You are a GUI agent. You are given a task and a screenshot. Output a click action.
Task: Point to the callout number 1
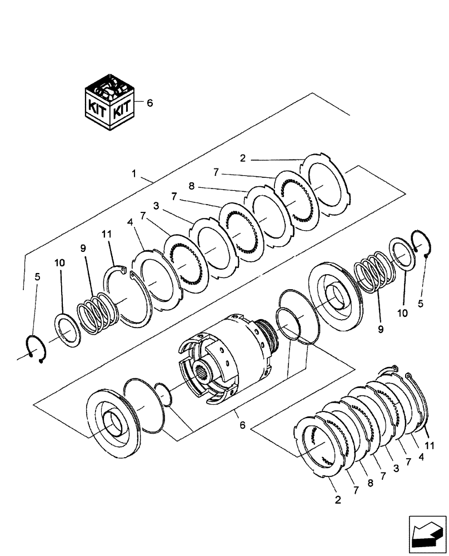(x=133, y=174)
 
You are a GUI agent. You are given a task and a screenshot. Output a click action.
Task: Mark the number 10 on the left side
(x=59, y=261)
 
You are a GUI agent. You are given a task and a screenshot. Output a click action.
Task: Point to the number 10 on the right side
(x=402, y=313)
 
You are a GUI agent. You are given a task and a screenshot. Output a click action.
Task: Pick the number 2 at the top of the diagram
(x=242, y=158)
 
